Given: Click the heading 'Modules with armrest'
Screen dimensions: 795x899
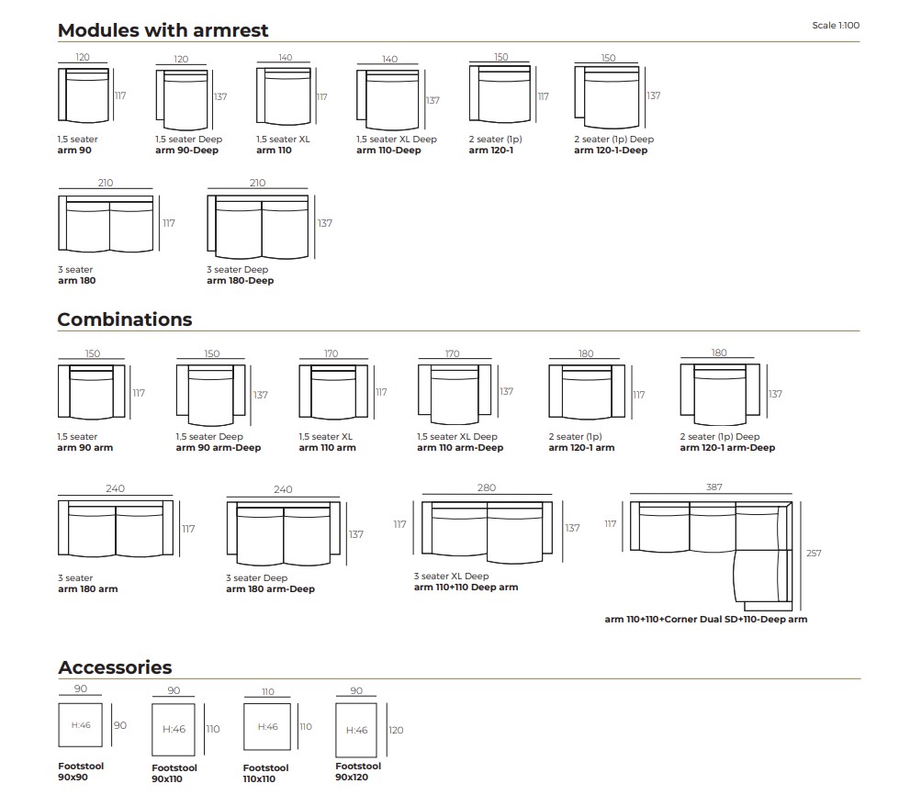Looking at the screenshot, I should (x=163, y=30).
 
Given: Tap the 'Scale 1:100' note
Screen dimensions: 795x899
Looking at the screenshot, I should (x=835, y=26).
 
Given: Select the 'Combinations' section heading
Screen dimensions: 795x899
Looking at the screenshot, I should (x=125, y=319).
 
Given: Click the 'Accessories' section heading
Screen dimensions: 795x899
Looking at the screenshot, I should (x=115, y=667).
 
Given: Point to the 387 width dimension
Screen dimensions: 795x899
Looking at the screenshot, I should (x=714, y=487).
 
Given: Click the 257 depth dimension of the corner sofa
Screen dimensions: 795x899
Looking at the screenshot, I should (x=814, y=554).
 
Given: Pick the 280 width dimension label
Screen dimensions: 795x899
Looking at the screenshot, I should (x=487, y=487).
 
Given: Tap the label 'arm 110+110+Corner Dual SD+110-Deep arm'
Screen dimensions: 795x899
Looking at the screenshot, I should (x=705, y=620).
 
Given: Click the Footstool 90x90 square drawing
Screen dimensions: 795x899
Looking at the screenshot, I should (x=81, y=725).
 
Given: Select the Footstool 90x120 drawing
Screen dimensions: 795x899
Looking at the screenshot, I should (x=356, y=729).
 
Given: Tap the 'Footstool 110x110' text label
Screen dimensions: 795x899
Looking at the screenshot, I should (x=265, y=773).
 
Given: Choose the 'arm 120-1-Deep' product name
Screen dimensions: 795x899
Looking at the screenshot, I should (x=610, y=151).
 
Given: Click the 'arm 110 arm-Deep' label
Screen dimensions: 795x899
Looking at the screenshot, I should (x=460, y=448).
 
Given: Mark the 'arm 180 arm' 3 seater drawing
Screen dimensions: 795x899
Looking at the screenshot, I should (x=115, y=530).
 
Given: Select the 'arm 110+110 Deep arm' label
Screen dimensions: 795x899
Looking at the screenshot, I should (x=466, y=588).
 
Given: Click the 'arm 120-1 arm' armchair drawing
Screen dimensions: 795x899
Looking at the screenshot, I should (x=586, y=392).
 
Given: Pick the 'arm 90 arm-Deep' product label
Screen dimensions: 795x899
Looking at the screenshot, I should (x=218, y=448).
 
